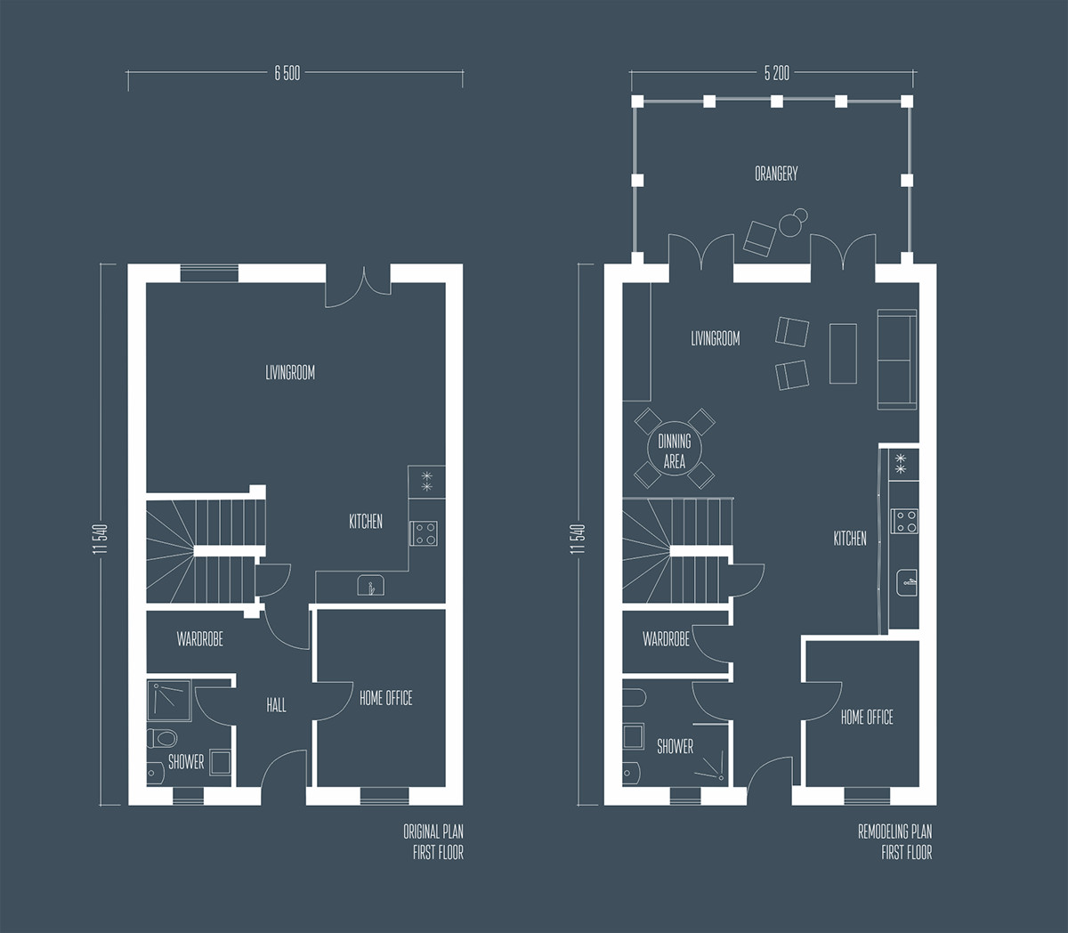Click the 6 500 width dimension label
click(287, 74)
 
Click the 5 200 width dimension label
click(776, 74)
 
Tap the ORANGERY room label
click(776, 174)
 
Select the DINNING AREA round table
click(675, 451)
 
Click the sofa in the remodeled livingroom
click(896, 360)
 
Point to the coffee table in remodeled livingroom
click(843, 353)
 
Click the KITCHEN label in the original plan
click(366, 522)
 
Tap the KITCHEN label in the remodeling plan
click(850, 539)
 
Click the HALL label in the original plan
click(276, 705)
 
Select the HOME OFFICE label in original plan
click(385, 699)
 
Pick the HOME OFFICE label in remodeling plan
click(867, 717)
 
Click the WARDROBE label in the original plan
click(199, 639)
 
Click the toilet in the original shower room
click(163, 737)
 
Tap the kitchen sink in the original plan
click(371, 586)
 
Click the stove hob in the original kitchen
click(423, 533)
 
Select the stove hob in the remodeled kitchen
click(905, 520)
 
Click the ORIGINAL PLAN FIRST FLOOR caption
click(433, 842)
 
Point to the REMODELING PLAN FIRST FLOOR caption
click(894, 842)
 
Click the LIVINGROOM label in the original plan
click(290, 372)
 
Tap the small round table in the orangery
click(790, 223)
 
